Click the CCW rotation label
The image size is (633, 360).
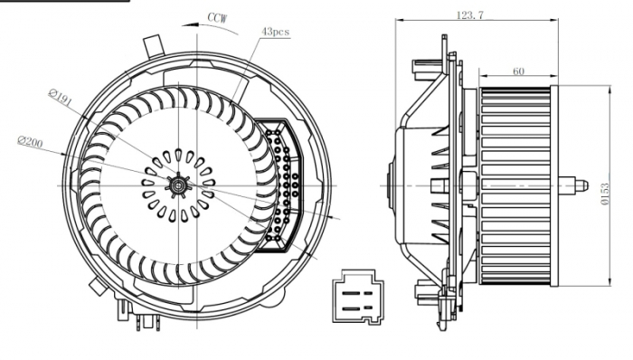click(217, 16)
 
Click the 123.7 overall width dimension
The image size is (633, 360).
click(468, 15)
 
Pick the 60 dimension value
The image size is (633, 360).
click(518, 71)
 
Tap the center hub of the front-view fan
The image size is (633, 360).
click(179, 185)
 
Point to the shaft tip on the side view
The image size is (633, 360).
click(579, 186)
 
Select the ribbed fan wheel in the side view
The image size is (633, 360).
click(516, 185)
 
